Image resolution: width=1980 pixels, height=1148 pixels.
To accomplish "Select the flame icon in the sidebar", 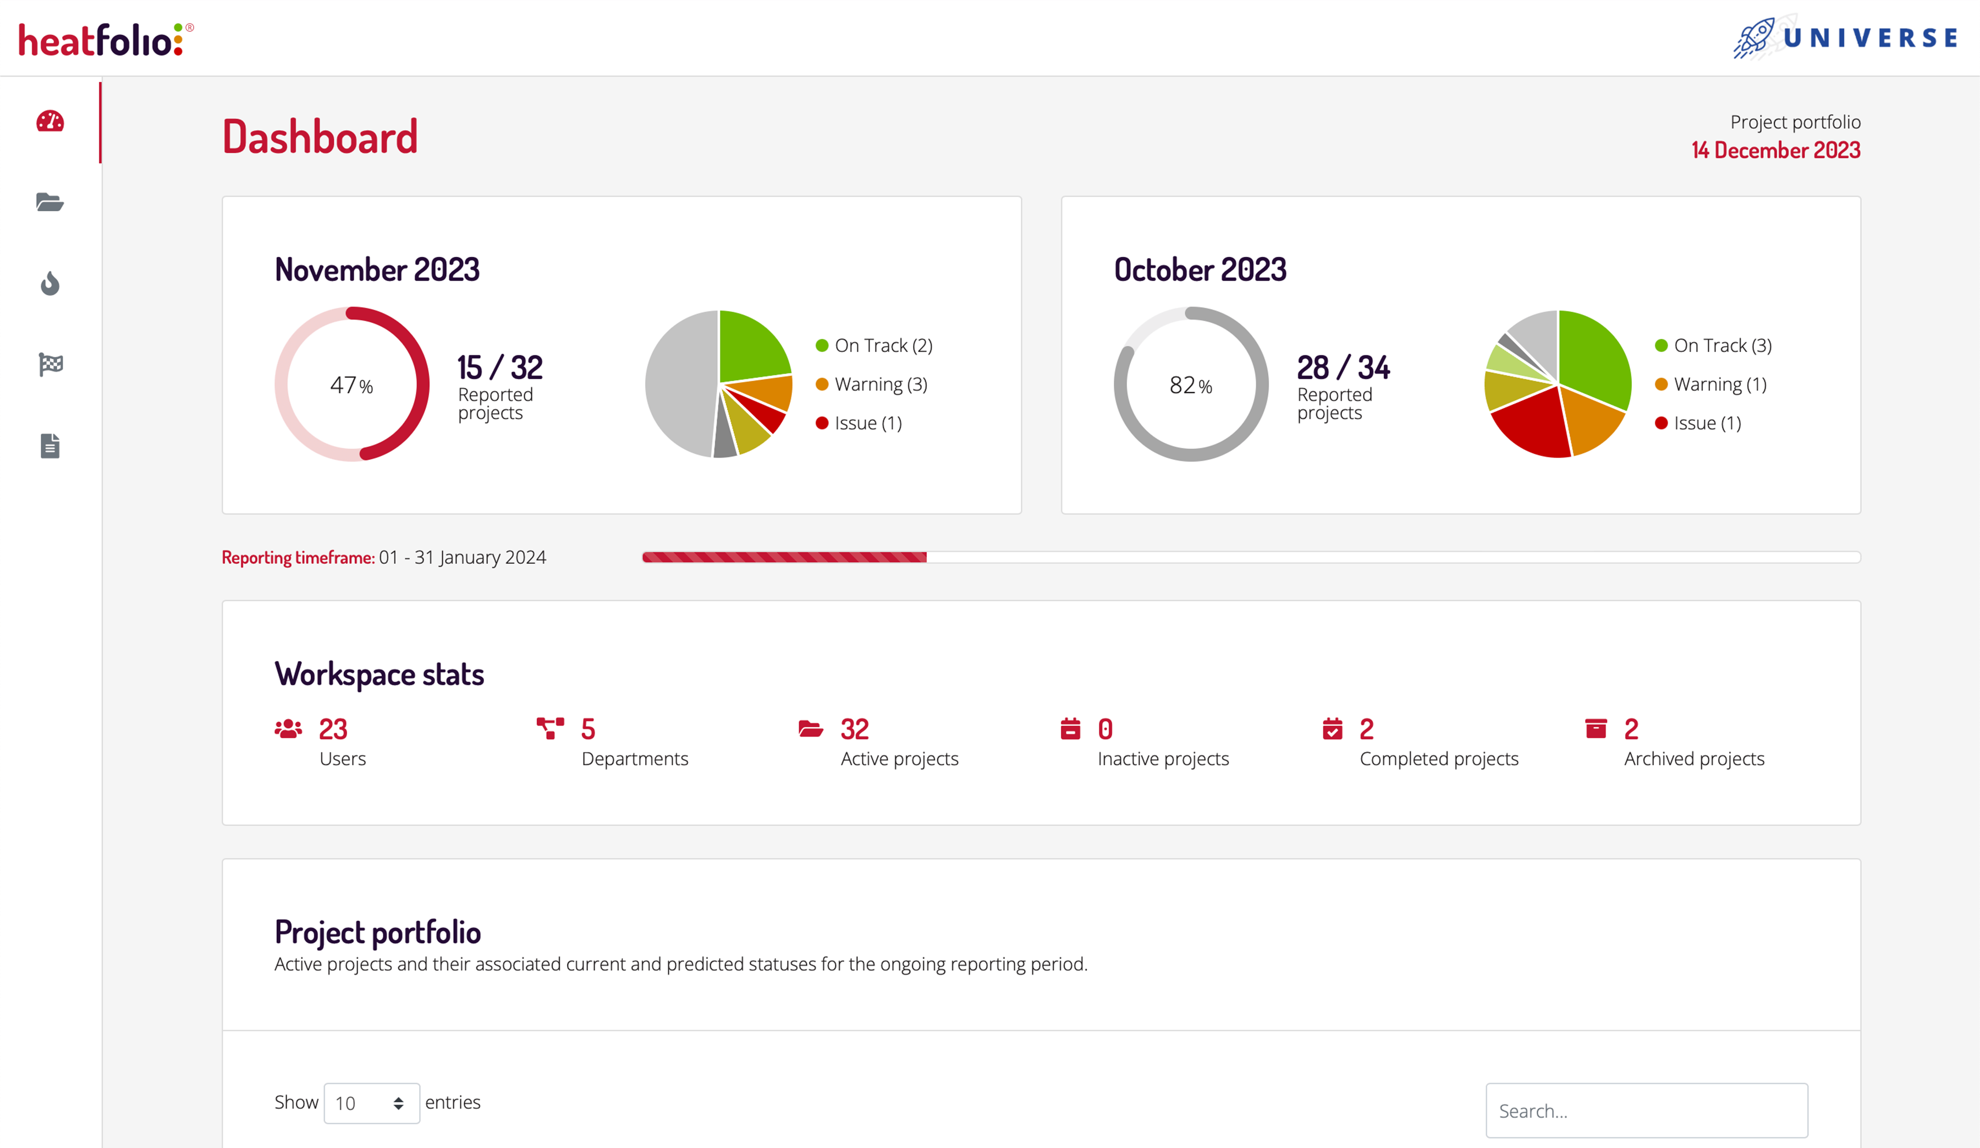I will pyautogui.click(x=50, y=283).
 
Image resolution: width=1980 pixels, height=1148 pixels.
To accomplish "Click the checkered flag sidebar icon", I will pyautogui.click(x=50, y=364).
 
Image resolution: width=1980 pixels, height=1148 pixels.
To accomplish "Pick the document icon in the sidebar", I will pyautogui.click(x=50, y=446).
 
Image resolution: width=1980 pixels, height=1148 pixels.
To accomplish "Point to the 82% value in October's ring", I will pyautogui.click(x=1190, y=385).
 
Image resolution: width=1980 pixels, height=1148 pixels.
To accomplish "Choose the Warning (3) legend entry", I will pyautogui.click(x=880, y=385).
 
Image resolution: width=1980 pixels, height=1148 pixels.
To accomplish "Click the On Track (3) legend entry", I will pyautogui.click(x=1722, y=346).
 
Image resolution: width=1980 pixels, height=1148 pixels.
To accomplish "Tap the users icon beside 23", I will pyautogui.click(x=288, y=729).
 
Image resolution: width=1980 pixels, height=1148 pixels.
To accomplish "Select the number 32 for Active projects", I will pyautogui.click(x=854, y=729).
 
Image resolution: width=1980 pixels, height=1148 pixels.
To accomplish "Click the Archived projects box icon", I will pyautogui.click(x=1596, y=729).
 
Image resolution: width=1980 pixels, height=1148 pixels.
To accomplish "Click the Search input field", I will pyautogui.click(x=1646, y=1110).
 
